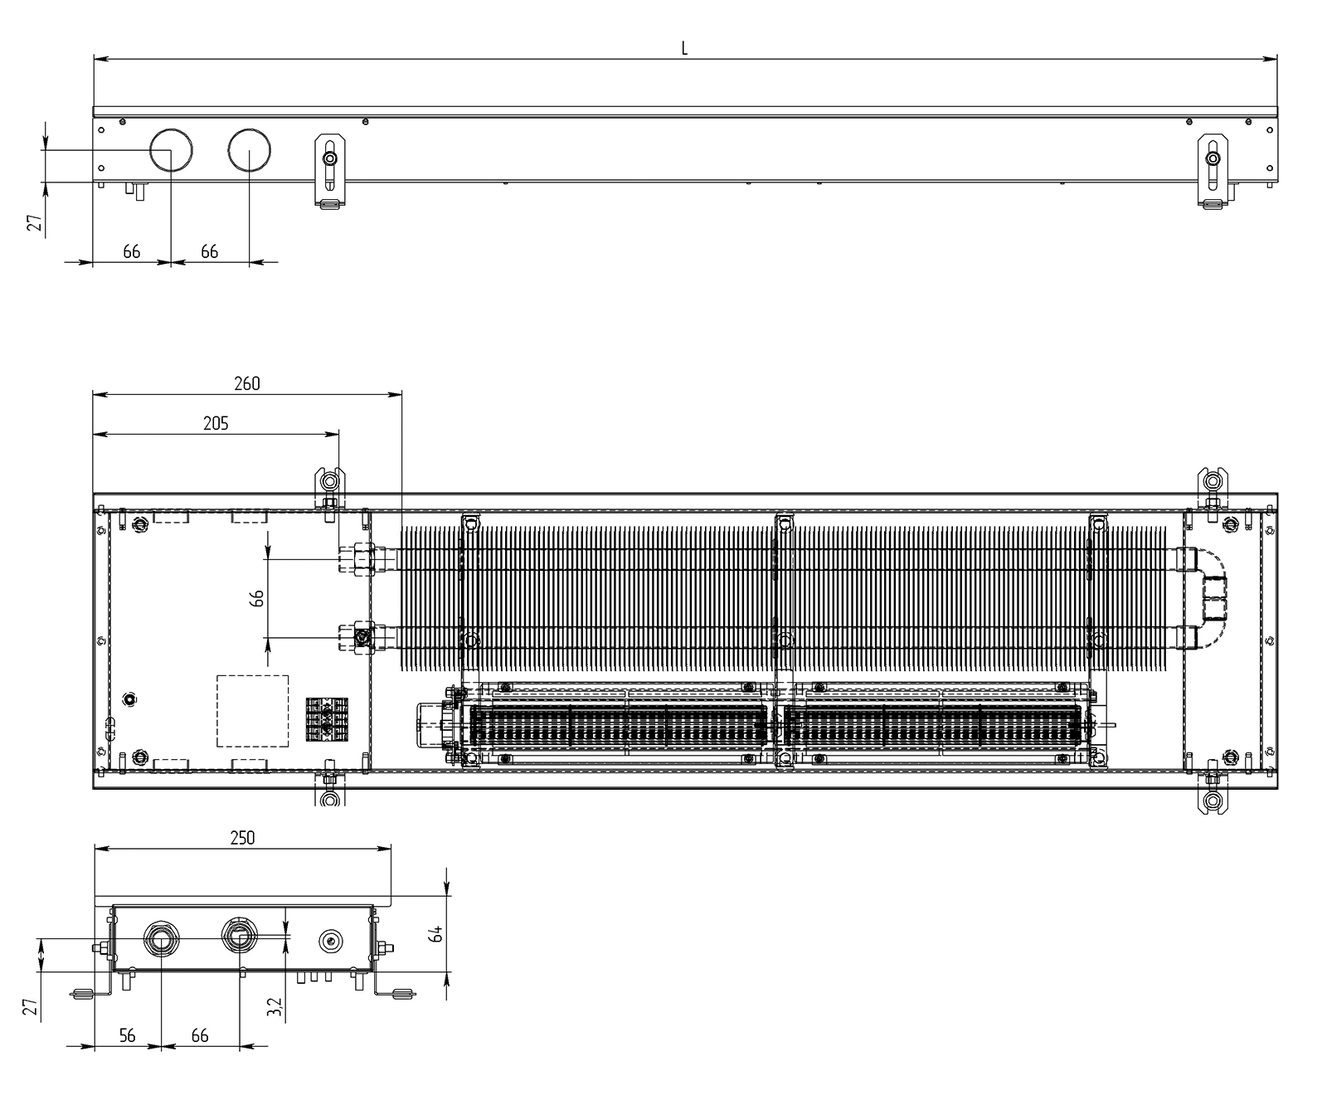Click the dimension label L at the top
click(684, 48)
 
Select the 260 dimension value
click(246, 383)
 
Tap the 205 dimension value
click(216, 423)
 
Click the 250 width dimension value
click(242, 838)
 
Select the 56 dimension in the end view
click(127, 1035)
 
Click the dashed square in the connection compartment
click(253, 711)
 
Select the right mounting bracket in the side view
click(1213, 170)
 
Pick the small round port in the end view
click(332, 940)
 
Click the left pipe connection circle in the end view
click(159, 940)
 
